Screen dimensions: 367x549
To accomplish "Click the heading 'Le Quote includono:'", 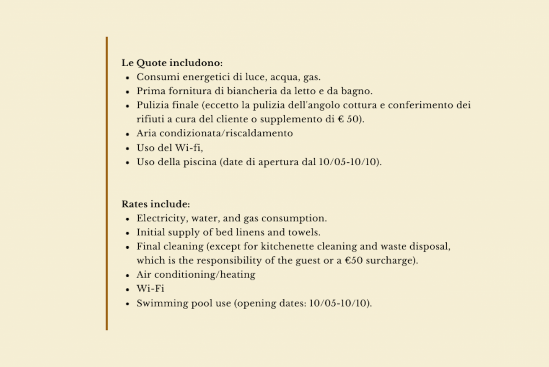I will (172, 63).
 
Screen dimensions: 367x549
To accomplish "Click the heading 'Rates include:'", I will (155, 205).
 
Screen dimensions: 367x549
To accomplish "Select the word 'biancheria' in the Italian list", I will (249, 91).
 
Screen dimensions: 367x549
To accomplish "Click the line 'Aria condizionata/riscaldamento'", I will (214, 133).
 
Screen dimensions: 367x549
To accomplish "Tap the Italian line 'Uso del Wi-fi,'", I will (170, 148).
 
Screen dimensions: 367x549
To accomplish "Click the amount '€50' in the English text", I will (354, 260).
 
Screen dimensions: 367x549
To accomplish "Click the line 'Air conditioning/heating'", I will (196, 275).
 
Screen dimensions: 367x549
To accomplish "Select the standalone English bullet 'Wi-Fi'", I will (150, 289).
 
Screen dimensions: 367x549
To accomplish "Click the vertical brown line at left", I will (107, 183).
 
